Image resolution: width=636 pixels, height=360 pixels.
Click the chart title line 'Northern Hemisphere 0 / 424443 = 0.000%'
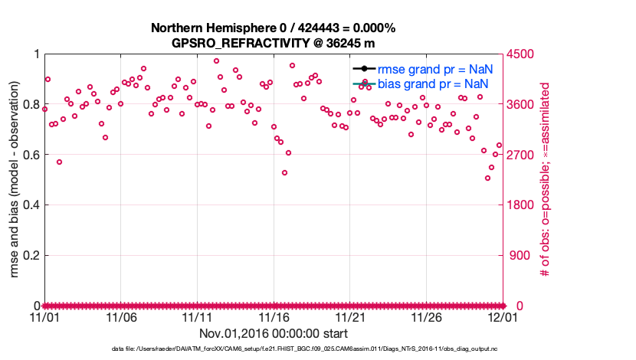click(x=273, y=28)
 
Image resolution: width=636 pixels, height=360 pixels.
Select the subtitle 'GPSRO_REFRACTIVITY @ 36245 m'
click(x=273, y=42)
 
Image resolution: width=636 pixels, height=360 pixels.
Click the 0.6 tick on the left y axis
click(x=29, y=155)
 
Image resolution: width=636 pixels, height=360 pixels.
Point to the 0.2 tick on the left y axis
click(x=29, y=255)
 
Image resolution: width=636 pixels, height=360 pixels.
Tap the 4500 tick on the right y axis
click(x=521, y=54)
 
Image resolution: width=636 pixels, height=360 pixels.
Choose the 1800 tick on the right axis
click(x=521, y=205)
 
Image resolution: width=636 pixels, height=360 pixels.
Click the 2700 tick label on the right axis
click(x=521, y=155)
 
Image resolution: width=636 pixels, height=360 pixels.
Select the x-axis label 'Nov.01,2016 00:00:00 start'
click(x=273, y=333)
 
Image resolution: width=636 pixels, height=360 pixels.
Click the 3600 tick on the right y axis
click(x=521, y=105)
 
